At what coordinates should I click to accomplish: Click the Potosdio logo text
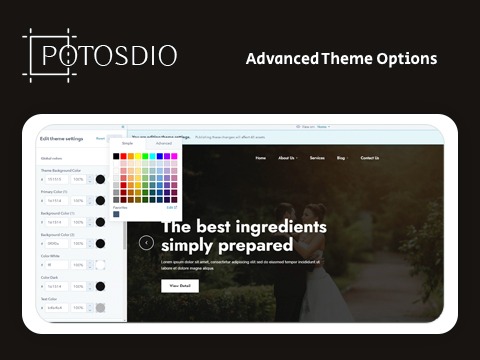100,55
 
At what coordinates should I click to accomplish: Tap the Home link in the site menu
260,158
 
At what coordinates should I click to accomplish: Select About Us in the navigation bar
287,158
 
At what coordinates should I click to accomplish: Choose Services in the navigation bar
317,158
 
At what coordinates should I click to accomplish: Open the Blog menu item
342,158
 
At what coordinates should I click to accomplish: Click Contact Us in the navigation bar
370,158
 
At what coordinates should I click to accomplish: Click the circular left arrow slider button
146,242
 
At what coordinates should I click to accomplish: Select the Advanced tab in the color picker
163,144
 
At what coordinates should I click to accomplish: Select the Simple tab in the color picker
127,144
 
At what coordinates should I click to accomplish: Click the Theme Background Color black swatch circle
99,179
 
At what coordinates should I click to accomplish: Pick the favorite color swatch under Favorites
117,214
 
